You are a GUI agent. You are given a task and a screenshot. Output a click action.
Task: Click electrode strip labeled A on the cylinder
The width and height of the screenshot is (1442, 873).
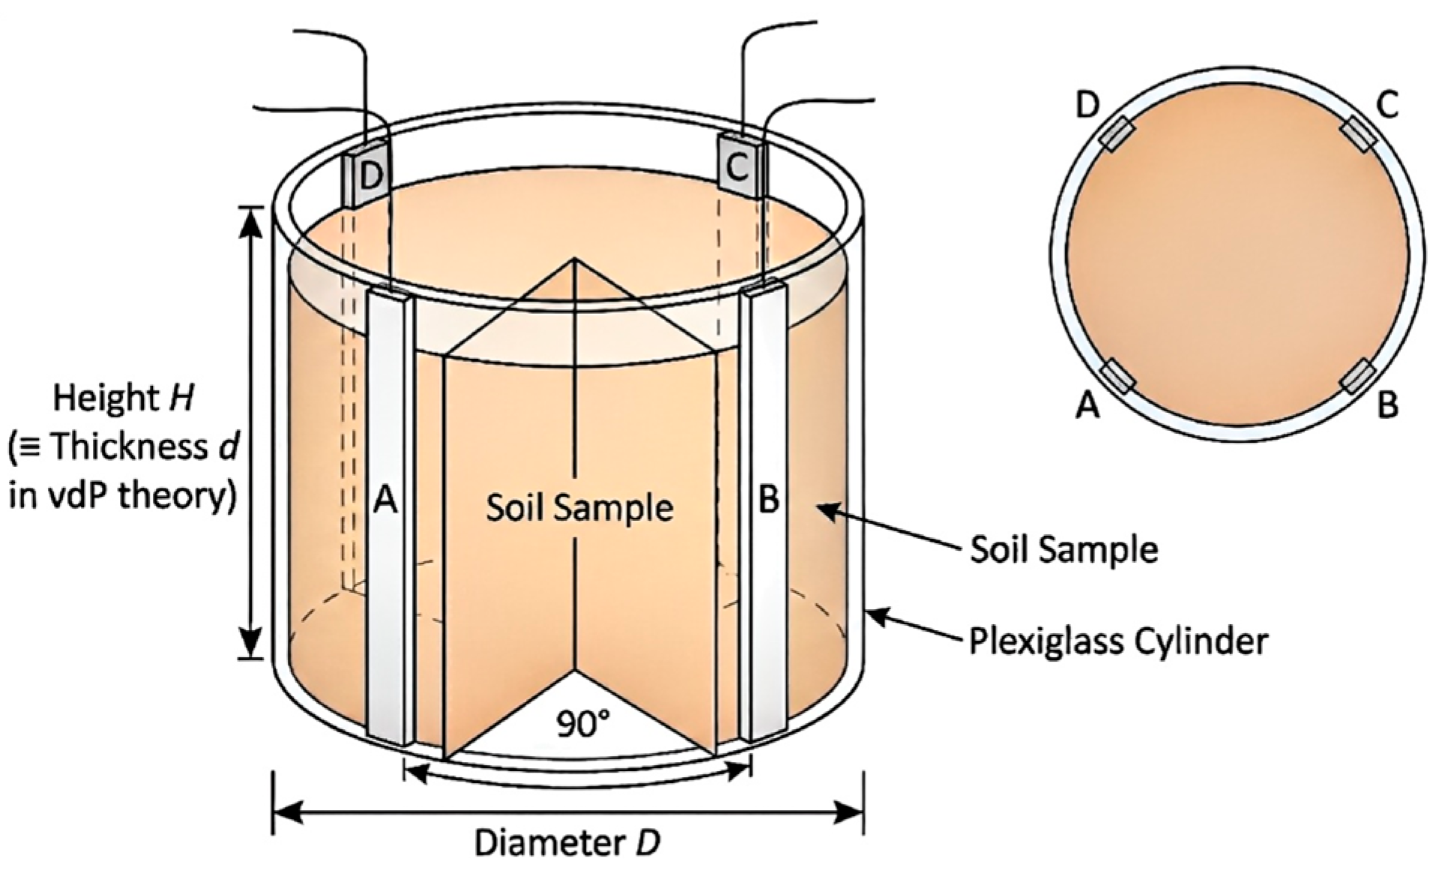click(389, 517)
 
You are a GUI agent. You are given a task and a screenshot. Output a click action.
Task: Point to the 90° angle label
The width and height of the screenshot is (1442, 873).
click(582, 724)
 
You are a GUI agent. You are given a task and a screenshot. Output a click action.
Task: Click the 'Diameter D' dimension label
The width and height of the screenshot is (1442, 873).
click(567, 843)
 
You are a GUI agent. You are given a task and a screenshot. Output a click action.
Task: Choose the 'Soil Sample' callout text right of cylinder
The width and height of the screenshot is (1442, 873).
click(1064, 549)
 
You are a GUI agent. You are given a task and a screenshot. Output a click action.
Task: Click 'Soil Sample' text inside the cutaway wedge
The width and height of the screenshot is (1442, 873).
click(579, 508)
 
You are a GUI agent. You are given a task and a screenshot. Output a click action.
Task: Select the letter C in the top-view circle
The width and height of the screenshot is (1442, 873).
click(1387, 106)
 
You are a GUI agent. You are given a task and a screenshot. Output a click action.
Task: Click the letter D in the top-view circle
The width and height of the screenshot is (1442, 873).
click(1087, 106)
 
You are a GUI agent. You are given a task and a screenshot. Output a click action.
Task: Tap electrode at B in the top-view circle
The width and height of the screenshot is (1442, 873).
click(1357, 376)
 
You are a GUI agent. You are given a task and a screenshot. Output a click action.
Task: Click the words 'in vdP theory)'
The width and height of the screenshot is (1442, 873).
click(124, 495)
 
